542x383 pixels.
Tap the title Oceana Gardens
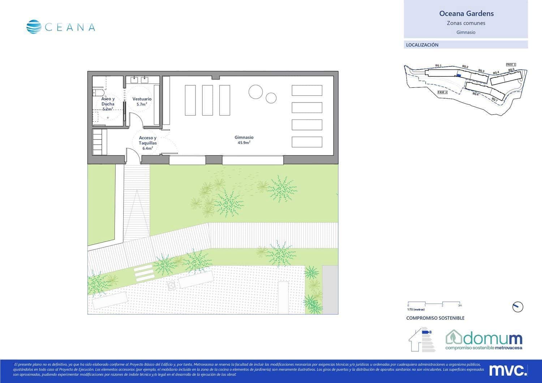click(x=466, y=14)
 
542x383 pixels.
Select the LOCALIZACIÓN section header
click(x=422, y=45)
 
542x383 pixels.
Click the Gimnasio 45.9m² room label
click(x=244, y=140)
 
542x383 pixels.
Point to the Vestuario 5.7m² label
click(x=142, y=101)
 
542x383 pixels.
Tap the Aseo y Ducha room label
click(x=108, y=104)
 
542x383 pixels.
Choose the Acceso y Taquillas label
click(x=148, y=143)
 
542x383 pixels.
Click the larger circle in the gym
click(x=255, y=92)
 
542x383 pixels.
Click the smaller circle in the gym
click(x=271, y=98)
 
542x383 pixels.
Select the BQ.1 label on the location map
click(x=438, y=66)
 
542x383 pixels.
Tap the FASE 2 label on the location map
click(x=442, y=92)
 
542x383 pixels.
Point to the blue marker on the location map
click(x=459, y=75)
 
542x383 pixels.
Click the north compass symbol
click(x=518, y=307)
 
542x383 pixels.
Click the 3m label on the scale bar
click(x=460, y=305)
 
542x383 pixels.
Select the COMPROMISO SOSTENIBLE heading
click(x=435, y=318)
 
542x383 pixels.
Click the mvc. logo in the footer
click(x=508, y=370)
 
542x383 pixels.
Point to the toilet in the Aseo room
click(x=96, y=92)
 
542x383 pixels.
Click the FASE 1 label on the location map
click(x=511, y=65)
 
